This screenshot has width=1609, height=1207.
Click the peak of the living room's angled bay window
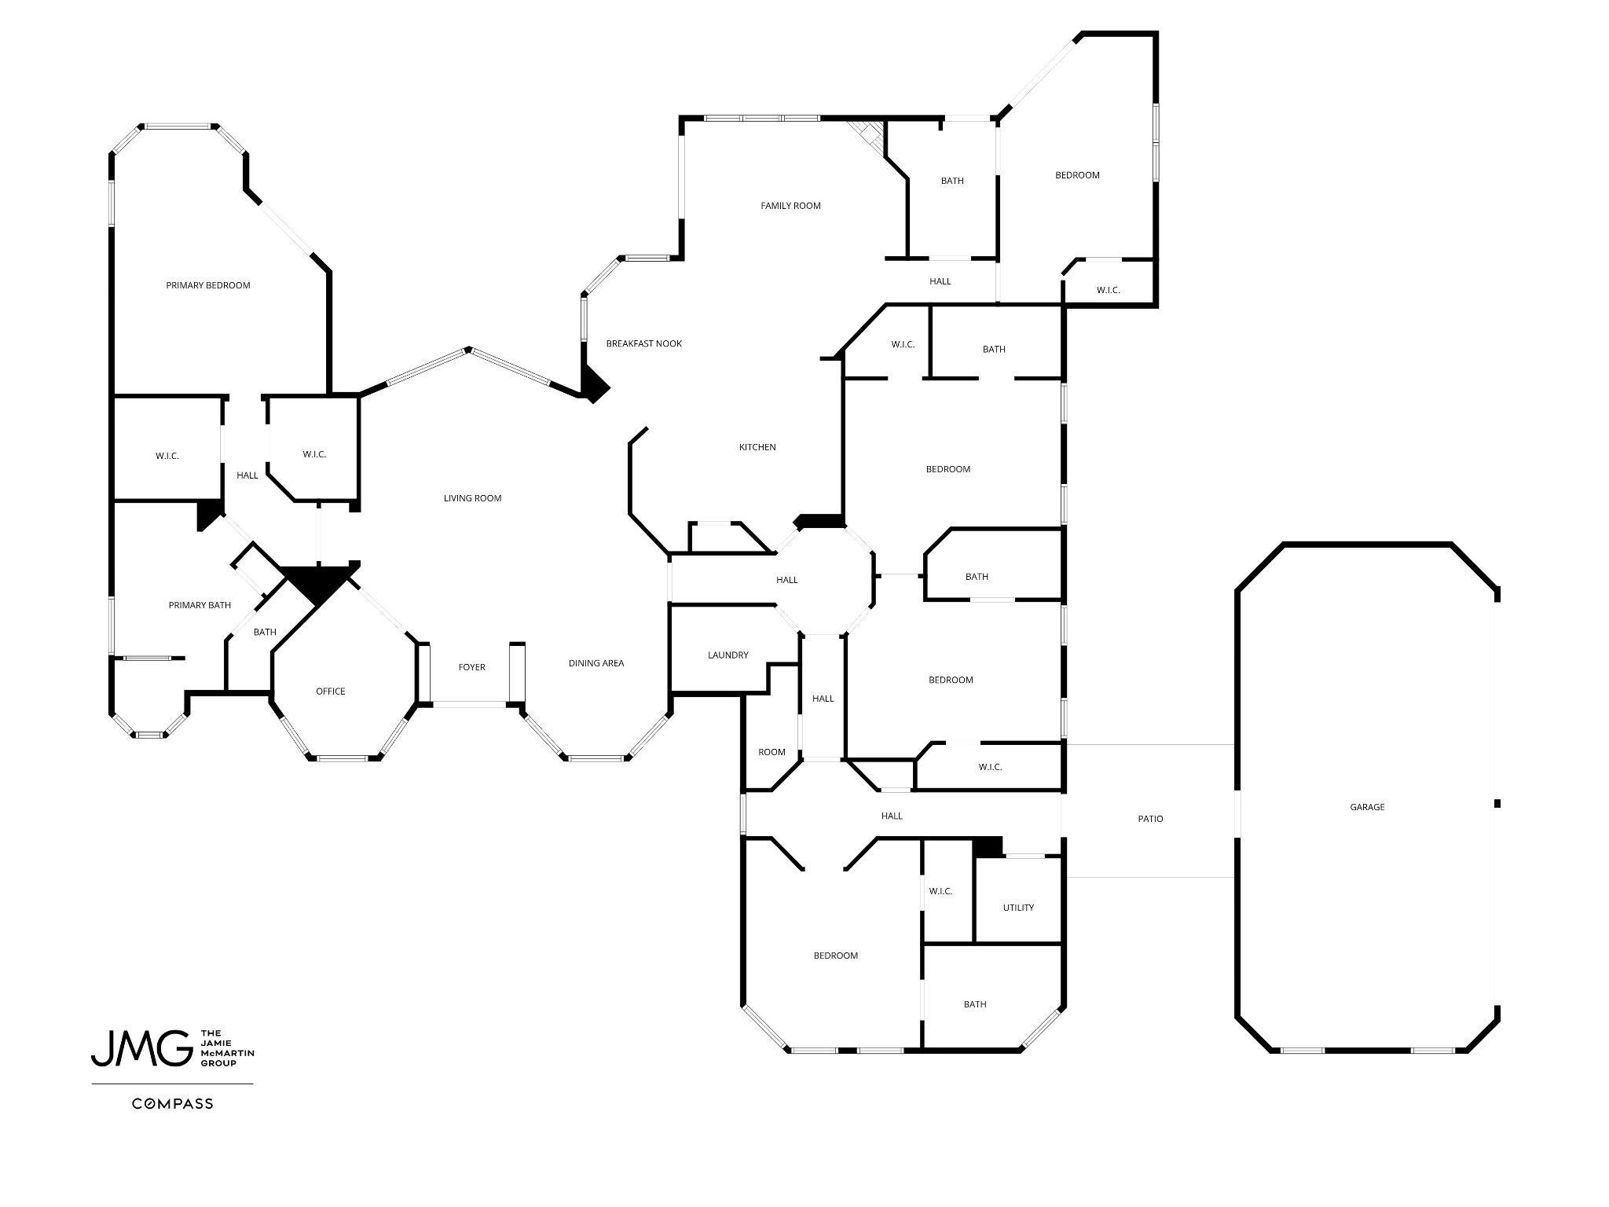468,349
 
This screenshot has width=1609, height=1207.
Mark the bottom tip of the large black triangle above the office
317,606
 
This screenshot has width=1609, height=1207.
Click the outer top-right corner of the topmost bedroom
1156,33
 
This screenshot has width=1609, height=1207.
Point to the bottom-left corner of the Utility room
975,941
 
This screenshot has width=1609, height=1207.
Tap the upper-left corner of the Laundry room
670,604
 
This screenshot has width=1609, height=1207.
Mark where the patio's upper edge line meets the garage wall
1236,744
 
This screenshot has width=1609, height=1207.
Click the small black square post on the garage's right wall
1497,803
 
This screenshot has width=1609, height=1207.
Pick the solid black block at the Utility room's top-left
988,847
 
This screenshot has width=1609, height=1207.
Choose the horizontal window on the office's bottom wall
343,758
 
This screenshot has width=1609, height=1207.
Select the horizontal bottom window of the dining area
596,758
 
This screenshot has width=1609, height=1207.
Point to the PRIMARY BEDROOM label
208,285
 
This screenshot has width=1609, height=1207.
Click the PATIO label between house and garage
1150,819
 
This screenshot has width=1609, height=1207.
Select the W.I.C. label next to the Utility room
940,891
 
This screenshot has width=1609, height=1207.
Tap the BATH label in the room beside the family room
952,181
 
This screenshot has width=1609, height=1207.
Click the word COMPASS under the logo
172,1103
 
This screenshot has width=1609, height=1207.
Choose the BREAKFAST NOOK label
644,343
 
